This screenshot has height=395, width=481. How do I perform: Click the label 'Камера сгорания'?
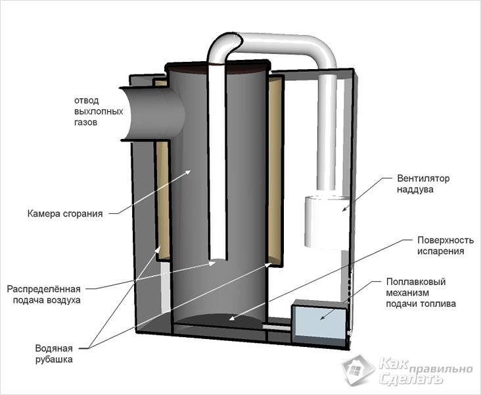coord(64,213)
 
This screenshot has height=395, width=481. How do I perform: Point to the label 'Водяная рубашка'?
coord(55,354)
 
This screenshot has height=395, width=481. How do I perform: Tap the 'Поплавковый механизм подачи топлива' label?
coord(421,292)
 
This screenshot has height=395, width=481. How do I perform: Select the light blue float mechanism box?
coord(319,321)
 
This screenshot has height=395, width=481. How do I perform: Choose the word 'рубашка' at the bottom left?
coord(55,360)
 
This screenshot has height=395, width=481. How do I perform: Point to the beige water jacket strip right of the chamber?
coord(277,171)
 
